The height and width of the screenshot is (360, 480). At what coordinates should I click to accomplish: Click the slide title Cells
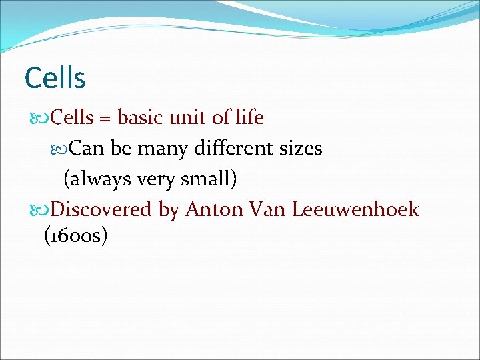(55, 78)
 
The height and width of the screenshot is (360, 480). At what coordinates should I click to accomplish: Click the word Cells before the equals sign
(72, 118)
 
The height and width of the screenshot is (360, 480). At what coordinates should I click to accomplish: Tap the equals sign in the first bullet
(105, 119)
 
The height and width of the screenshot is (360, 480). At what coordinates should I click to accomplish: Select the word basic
(142, 118)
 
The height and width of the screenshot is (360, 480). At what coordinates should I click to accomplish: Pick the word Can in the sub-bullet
(87, 148)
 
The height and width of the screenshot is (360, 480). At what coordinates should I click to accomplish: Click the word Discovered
(101, 209)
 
